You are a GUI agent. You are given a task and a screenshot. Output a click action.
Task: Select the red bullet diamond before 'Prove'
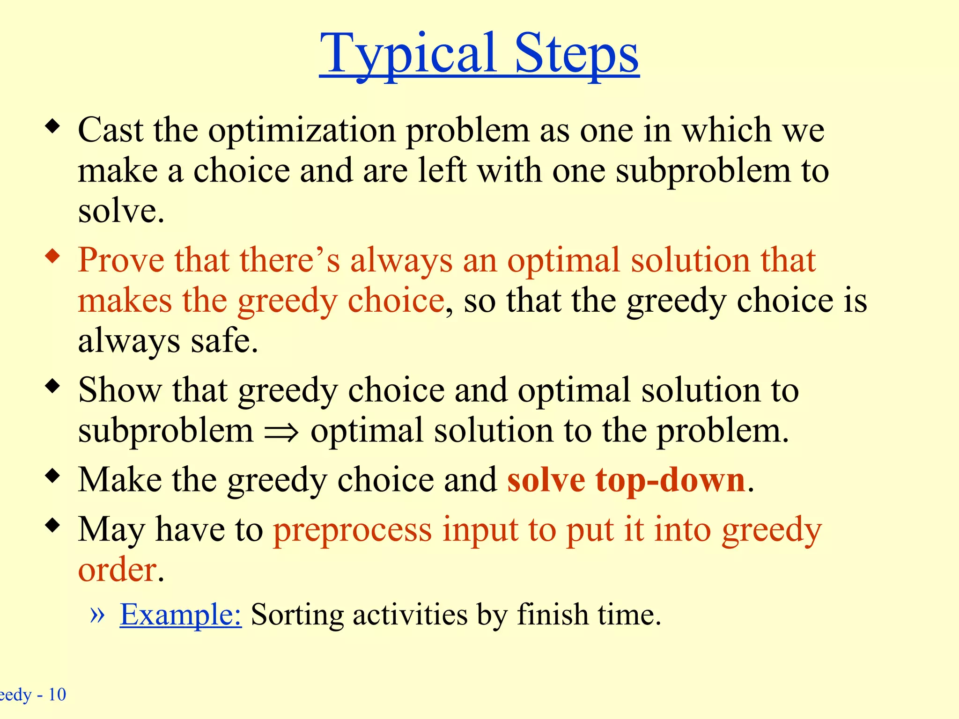tap(53, 256)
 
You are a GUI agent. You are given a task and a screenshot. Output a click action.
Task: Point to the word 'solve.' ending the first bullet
tap(121, 212)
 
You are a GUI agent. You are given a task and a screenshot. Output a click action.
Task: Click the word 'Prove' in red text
tap(121, 260)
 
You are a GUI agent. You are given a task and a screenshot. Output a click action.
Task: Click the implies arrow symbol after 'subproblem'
tap(281, 432)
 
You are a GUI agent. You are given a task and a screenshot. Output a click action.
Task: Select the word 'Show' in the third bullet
tap(120, 390)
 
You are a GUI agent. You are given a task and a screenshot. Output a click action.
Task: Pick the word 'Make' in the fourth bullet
tap(120, 480)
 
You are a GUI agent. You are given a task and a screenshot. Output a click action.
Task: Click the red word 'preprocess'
tap(352, 531)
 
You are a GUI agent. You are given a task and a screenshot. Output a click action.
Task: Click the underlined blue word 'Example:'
tap(181, 615)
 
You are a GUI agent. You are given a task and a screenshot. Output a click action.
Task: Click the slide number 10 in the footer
tap(57, 695)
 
